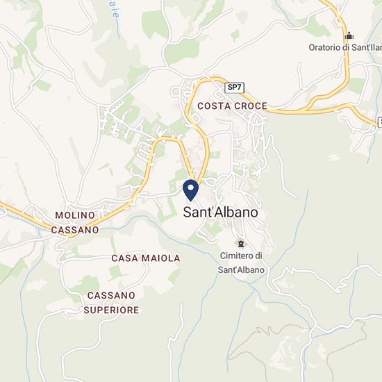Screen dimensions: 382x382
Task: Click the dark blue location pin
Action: coord(191,190)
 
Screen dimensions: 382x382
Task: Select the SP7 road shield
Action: coord(235,88)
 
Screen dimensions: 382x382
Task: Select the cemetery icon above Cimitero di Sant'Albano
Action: coord(241,243)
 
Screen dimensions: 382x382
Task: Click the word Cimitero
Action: coord(235,256)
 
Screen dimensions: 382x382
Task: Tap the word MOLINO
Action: coord(74,216)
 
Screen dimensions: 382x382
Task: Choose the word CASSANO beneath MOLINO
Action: coord(74,229)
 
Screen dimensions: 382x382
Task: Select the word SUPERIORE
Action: coord(111,310)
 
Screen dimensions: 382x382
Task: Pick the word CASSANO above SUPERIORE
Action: coord(111,296)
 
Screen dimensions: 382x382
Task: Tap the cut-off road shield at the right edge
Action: coord(379,122)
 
